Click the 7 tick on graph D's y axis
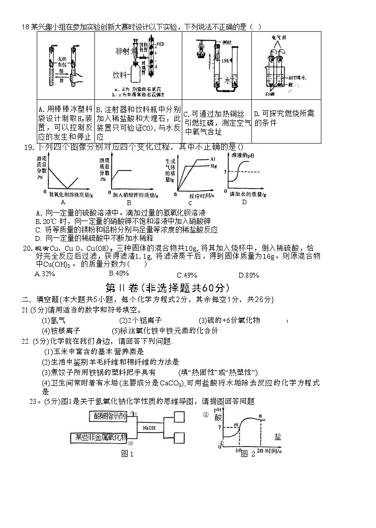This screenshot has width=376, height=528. click(x=226, y=172)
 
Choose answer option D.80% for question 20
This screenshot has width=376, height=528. click(x=249, y=275)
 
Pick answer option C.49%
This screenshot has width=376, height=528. click(x=187, y=275)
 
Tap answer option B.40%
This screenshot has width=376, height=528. click(x=119, y=273)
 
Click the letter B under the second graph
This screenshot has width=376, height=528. click(x=129, y=202)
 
